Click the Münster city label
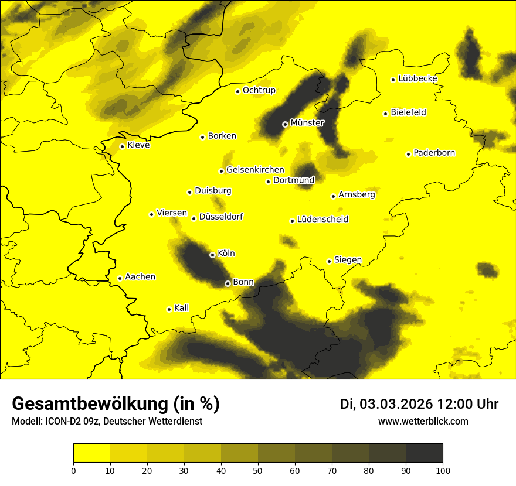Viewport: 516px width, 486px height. tap(307, 123)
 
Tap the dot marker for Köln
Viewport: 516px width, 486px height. tap(212, 255)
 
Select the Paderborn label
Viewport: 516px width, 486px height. tap(434, 153)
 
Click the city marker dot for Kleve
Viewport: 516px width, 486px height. tap(122, 146)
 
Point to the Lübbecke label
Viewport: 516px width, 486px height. tap(417, 78)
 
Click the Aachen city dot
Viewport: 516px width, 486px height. tap(120, 278)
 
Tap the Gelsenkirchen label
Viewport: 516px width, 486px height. tap(255, 170)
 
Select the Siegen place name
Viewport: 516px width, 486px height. tap(348, 260)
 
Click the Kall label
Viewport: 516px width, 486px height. tap(182, 308)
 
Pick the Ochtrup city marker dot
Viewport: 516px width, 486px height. tap(237, 91)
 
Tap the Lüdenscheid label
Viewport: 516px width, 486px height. tap(322, 220)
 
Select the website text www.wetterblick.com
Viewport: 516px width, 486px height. tap(423, 422)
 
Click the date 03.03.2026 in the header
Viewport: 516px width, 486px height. tap(396, 404)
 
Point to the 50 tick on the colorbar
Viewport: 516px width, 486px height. tap(258, 470)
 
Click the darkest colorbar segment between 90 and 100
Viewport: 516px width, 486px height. tap(424, 453)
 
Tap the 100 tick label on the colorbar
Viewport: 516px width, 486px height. tap(443, 470)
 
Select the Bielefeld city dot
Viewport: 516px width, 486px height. tap(385, 114)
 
